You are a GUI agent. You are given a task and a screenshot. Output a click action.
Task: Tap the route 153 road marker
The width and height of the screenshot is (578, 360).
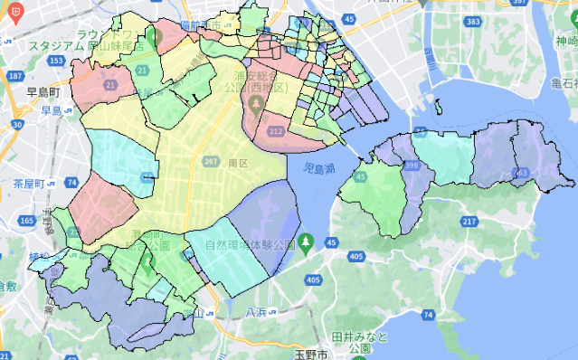[x=57, y=61]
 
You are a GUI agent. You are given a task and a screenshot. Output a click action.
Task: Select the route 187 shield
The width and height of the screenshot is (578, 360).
[x=14, y=77]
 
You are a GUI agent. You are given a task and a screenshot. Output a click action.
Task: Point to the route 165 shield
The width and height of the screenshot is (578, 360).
[x=27, y=220]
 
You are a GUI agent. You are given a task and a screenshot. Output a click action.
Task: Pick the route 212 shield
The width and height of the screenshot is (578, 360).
[x=275, y=132]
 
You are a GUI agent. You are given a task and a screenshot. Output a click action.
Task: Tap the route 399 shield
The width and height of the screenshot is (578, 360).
[x=412, y=166]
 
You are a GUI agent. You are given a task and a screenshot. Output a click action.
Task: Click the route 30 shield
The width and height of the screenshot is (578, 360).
[x=17, y=124]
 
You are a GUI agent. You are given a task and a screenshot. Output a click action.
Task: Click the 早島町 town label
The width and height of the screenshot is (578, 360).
[x=42, y=92]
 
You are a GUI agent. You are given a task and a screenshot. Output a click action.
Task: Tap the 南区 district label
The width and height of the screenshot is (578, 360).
[x=238, y=164]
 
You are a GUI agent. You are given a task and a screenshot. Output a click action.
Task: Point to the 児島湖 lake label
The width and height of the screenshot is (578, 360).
[x=317, y=168]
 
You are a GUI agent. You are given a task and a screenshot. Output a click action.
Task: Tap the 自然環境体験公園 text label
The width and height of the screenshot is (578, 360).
[x=251, y=244]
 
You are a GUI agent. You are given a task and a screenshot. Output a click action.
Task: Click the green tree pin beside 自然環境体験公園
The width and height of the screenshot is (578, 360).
[x=307, y=242]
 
